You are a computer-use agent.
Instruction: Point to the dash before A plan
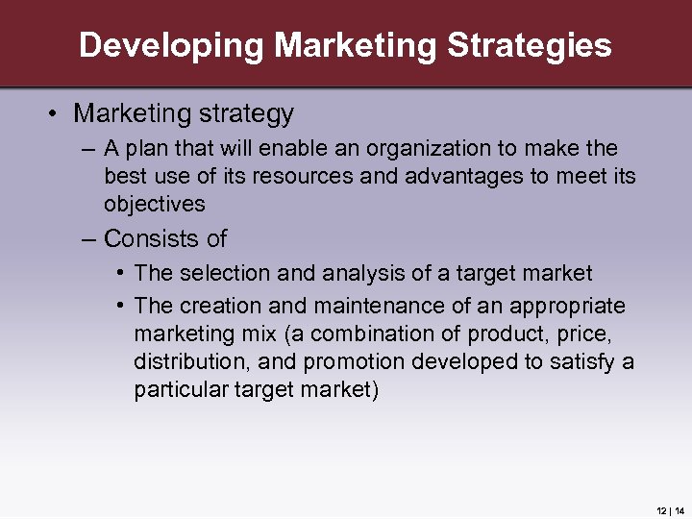click(x=89, y=149)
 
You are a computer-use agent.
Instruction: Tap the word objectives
click(x=155, y=204)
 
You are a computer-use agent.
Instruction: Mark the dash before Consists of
click(x=89, y=238)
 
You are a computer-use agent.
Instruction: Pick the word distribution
click(x=185, y=361)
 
